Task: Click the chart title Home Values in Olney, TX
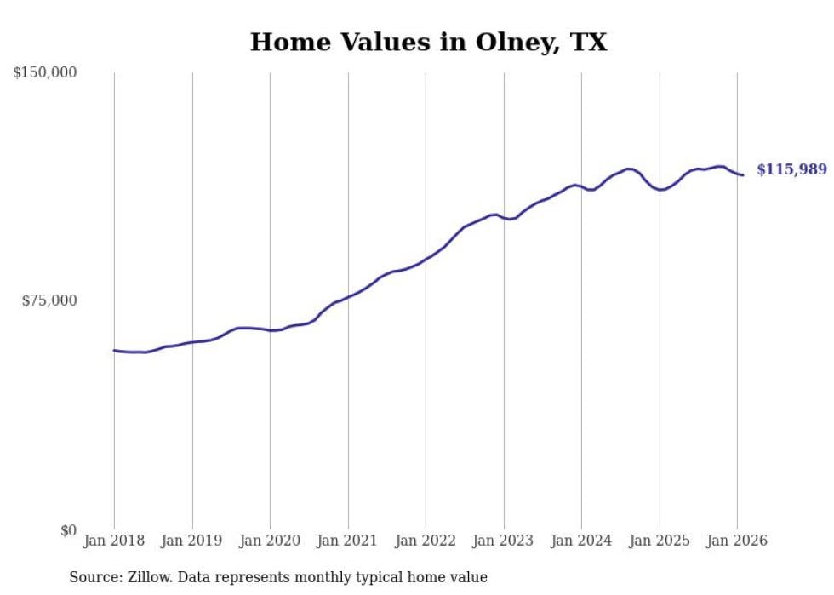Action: pos(428,42)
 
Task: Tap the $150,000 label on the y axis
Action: pos(45,73)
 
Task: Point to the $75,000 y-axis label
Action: pos(49,300)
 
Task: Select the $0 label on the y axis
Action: pos(68,530)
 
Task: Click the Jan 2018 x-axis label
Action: pos(114,541)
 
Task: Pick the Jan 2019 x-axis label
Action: pos(192,541)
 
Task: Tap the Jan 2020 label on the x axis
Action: pos(270,541)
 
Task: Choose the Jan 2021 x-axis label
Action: pos(348,541)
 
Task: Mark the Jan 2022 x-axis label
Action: pos(426,541)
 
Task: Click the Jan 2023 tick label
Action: pos(504,541)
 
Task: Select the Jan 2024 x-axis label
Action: pos(581,541)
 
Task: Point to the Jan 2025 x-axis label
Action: pos(660,541)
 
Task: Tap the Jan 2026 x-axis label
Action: pos(737,541)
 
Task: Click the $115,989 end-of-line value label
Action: pos(791,170)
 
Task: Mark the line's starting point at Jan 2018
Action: pos(115,350)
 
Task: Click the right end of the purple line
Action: pos(743,175)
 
